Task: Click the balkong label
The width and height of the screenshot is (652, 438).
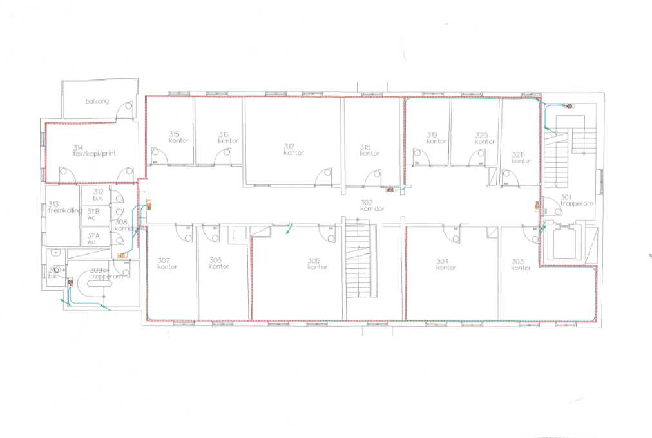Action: [x=97, y=102]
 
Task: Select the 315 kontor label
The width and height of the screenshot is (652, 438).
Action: [x=178, y=137]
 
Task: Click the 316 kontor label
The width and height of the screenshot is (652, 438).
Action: [x=228, y=137]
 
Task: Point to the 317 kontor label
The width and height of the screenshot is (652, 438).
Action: [x=293, y=149]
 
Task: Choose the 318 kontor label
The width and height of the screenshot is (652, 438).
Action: [x=369, y=150]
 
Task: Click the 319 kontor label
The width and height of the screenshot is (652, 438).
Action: [x=436, y=138]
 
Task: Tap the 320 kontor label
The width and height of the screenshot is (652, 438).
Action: [x=485, y=138]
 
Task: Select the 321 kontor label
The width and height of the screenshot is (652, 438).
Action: [x=521, y=157]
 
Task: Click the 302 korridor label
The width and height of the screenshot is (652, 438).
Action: [x=372, y=205]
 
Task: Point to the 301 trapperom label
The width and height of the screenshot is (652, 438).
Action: [x=575, y=200]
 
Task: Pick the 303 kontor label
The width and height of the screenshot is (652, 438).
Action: [x=521, y=264]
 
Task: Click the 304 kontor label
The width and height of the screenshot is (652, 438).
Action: [x=446, y=264]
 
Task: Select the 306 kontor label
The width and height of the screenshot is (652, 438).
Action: [x=219, y=263]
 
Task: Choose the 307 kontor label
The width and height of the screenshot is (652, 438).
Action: [x=168, y=263]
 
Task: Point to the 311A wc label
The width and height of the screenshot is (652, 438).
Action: [x=94, y=239]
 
